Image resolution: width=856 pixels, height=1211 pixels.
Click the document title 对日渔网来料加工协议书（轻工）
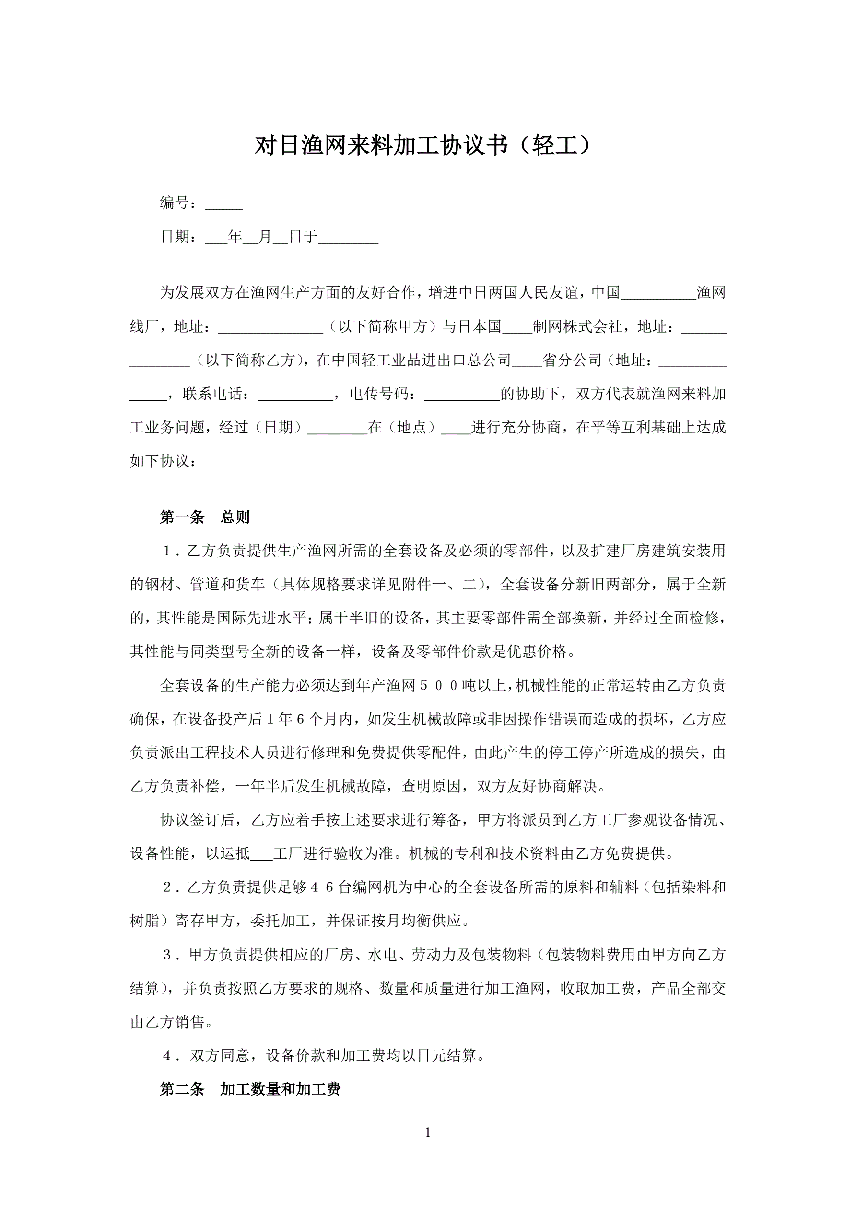(424, 146)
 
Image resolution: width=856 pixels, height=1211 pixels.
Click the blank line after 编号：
(223, 204)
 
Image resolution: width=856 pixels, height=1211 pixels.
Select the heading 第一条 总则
(204, 517)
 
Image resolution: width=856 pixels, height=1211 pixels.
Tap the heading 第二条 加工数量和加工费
(250, 1089)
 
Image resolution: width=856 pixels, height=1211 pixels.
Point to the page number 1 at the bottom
(427, 1132)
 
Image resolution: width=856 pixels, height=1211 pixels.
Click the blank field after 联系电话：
(295, 395)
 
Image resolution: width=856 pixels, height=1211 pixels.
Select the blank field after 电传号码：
(462, 395)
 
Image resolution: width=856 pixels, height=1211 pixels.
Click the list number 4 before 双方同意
(167, 1056)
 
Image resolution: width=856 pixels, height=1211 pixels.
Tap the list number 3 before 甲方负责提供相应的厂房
(167, 955)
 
